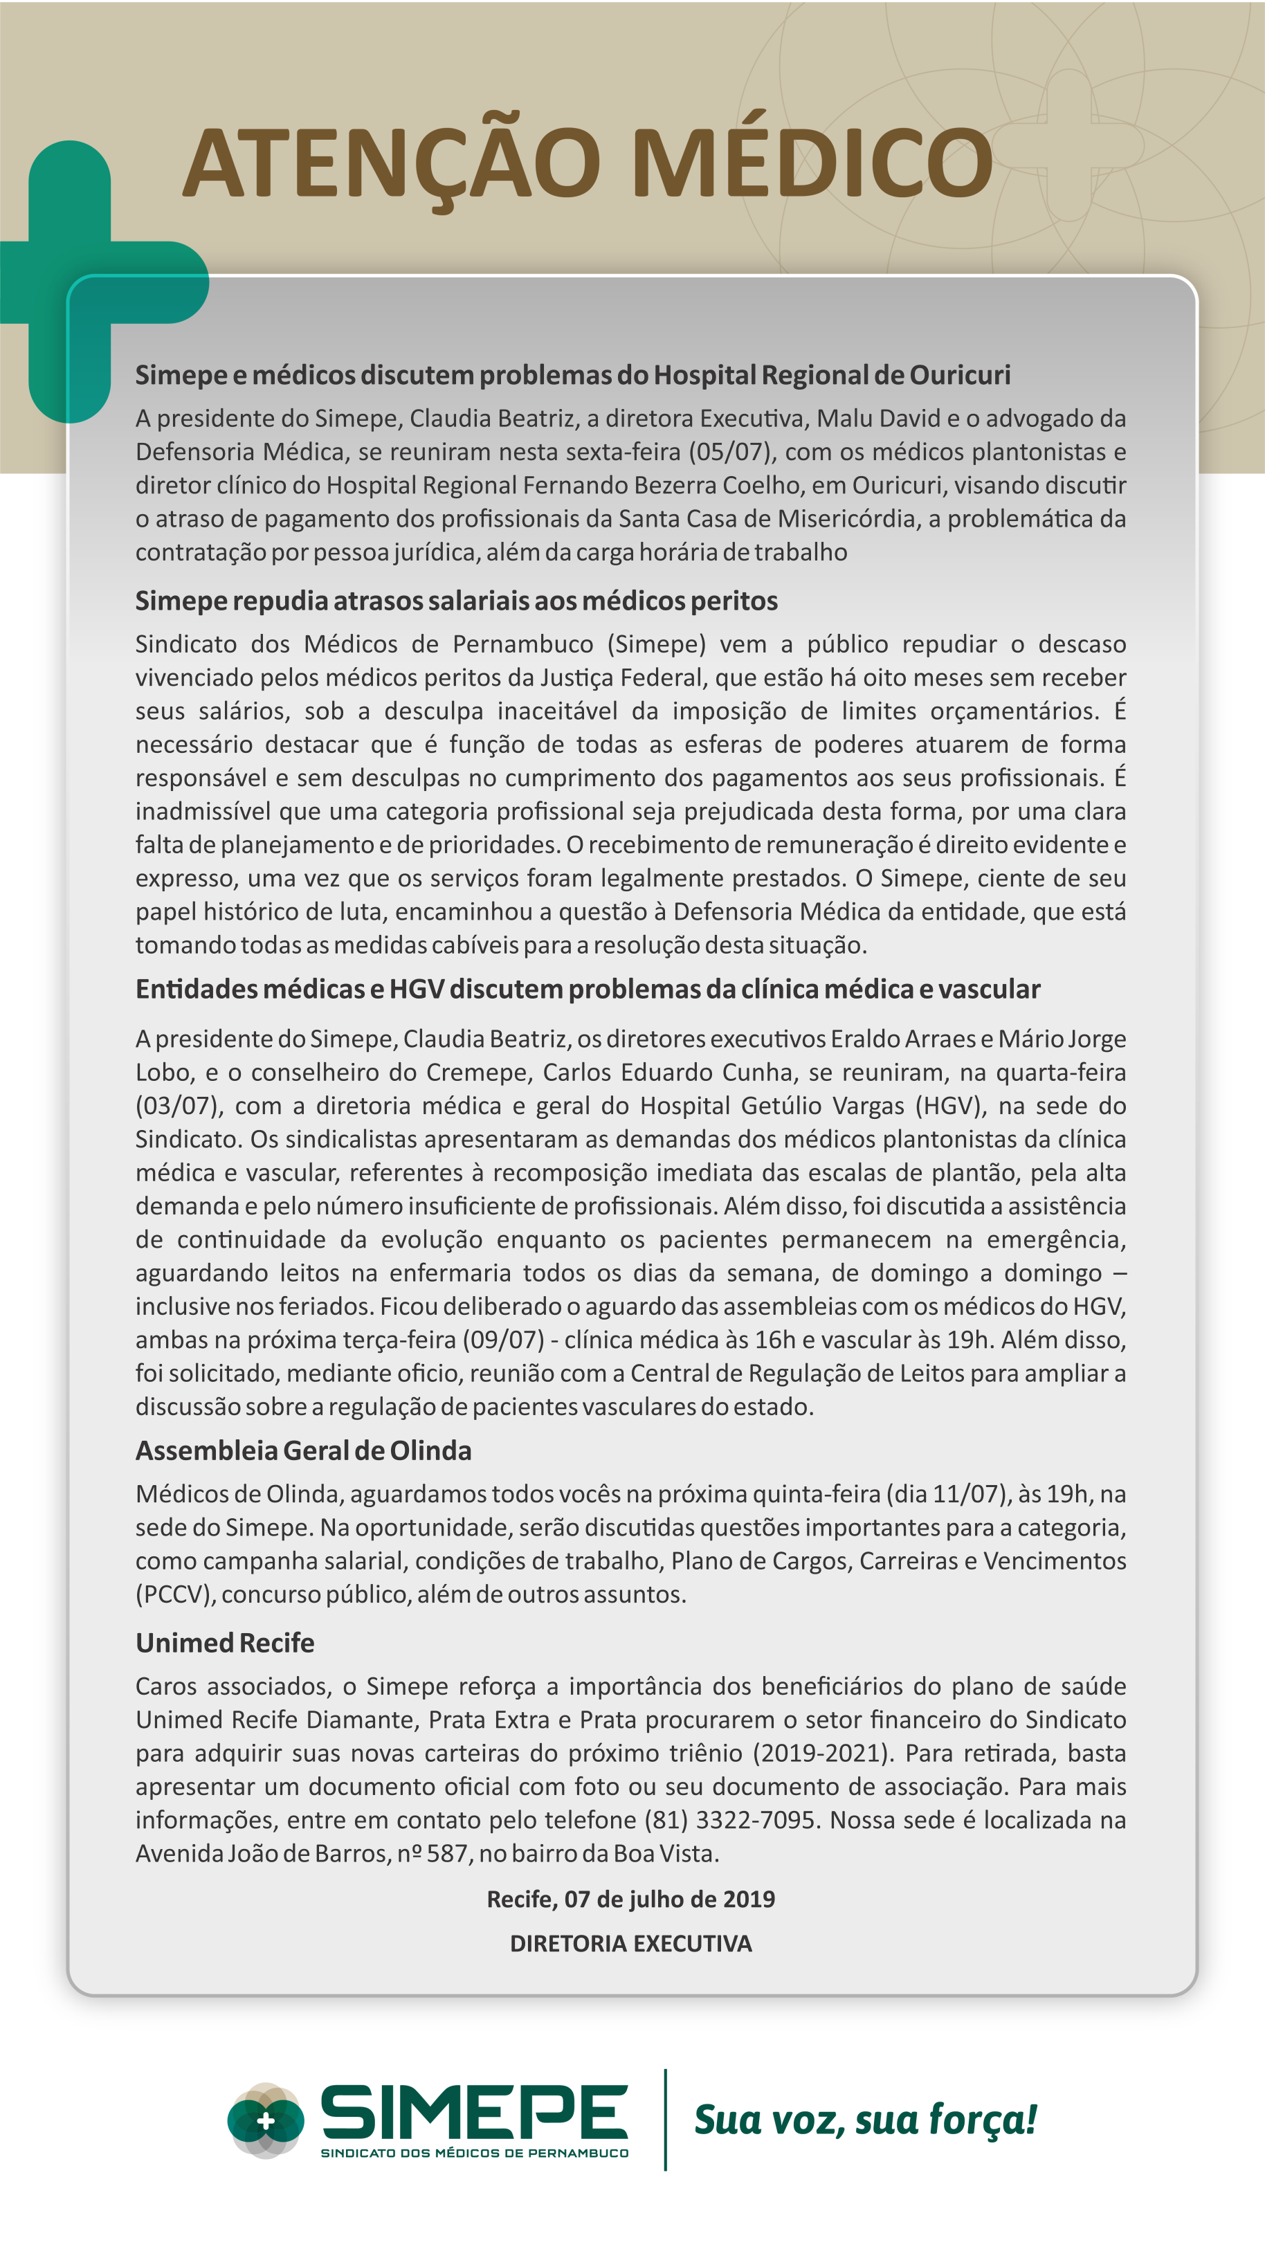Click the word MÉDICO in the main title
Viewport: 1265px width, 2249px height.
(811, 164)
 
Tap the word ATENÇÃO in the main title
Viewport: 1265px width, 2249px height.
(391, 164)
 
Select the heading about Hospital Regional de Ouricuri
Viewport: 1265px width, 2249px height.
(572, 376)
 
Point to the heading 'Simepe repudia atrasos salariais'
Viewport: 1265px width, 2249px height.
(456, 601)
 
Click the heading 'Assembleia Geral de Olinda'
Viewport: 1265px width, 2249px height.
(303, 1450)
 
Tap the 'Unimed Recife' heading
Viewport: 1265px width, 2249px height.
(224, 1642)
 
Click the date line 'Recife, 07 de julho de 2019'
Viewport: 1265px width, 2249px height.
(630, 1899)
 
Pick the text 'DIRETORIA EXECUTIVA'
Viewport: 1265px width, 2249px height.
(630, 1943)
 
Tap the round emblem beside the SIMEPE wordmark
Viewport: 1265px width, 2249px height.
(266, 2122)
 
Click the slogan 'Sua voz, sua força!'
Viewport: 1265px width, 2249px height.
(864, 2120)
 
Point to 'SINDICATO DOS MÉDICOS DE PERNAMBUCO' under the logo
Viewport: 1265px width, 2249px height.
(474, 2153)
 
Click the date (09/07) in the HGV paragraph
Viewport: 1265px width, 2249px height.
(503, 1340)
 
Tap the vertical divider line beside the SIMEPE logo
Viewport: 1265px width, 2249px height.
(665, 2119)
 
